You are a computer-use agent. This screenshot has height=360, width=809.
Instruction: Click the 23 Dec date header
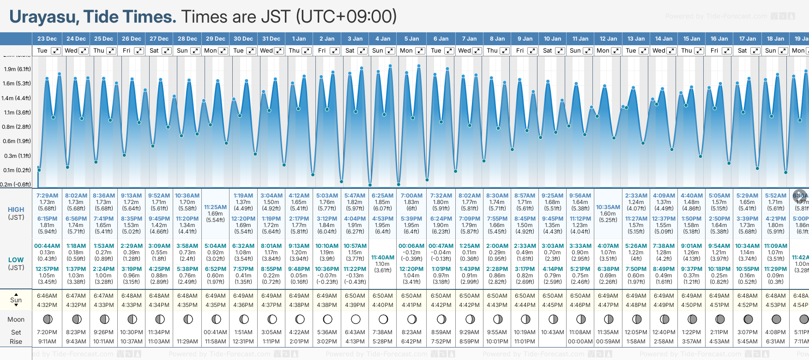pos(47,39)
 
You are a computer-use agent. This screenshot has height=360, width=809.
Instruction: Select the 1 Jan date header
pos(299,39)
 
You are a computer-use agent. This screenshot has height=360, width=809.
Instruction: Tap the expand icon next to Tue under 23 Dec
pos(55,51)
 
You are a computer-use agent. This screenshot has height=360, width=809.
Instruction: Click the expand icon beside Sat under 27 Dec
pos(167,51)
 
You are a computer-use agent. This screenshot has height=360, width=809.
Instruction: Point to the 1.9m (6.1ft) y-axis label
pos(17,69)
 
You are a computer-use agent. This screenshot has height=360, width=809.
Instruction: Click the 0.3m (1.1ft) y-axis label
pos(17,156)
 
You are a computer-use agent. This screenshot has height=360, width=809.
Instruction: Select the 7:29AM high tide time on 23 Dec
pos(47,196)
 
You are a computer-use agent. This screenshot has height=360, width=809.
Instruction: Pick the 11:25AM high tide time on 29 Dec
pos(215,207)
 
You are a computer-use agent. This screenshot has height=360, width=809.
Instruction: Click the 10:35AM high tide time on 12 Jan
pos(608,207)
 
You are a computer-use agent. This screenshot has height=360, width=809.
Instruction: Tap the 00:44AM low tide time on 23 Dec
pos(47,246)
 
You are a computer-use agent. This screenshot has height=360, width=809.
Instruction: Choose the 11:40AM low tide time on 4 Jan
pos(383,258)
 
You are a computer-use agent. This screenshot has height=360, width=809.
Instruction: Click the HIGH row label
pos(16,210)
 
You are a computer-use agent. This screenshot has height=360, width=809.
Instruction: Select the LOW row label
pos(16,260)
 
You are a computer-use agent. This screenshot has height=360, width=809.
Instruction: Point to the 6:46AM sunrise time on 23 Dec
pos(47,296)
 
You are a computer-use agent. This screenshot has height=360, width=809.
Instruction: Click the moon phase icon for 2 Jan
pos(327,319)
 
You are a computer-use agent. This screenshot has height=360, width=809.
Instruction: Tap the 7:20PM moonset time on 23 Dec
pos(47,332)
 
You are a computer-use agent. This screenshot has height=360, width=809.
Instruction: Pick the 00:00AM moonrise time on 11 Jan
pos(580,342)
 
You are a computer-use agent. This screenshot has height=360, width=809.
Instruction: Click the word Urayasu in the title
pos(43,17)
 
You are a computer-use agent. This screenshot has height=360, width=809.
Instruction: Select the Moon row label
pos(16,319)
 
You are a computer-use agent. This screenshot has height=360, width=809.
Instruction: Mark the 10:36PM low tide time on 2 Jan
pos(327,269)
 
